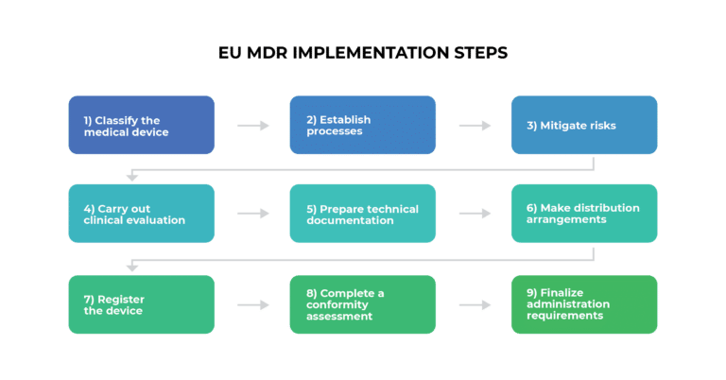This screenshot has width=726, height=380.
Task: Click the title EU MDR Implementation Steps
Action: [x=362, y=54]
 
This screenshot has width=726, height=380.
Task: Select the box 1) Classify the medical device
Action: [x=142, y=125]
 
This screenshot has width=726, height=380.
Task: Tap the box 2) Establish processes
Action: [x=363, y=125]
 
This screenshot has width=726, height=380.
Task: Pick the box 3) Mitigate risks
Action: [x=584, y=125]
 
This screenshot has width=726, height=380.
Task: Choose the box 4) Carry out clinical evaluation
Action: [x=142, y=214]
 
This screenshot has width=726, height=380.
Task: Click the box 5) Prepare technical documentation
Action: [x=363, y=214]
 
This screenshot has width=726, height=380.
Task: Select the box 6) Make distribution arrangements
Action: [x=584, y=214]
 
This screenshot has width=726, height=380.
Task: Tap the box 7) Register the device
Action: [x=142, y=304]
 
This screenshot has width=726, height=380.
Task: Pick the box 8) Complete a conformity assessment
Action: [x=363, y=304]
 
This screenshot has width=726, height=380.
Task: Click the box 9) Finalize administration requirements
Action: [x=584, y=304]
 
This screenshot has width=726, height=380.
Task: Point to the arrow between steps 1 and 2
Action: [x=252, y=126]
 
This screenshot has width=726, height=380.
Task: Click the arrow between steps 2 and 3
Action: [x=475, y=126]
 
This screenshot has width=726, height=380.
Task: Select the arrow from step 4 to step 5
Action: [x=252, y=215]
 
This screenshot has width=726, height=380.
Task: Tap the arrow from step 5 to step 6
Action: [x=475, y=215]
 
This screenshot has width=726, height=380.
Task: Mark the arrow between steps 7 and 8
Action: [x=252, y=305]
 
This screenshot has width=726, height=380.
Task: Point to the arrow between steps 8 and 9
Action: [x=475, y=305]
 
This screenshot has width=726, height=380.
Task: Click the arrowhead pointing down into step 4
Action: [x=132, y=177]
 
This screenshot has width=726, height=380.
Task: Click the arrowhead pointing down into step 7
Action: [x=132, y=267]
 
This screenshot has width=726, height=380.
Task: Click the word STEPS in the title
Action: [x=477, y=54]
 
